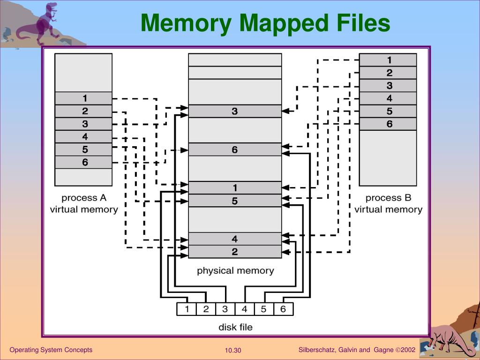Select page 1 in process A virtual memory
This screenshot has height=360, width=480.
(83, 98)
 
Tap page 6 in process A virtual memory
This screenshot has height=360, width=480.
(83, 162)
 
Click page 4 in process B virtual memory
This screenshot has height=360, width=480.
(388, 98)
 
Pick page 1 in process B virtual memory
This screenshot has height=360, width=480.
(388, 60)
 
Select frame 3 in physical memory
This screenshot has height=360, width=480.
(235, 111)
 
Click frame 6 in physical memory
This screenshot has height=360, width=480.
(235, 150)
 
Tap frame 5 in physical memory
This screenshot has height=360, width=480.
(235, 201)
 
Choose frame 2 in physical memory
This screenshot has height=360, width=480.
(235, 252)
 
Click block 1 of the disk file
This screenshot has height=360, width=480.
(187, 309)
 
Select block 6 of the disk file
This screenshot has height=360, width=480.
(283, 309)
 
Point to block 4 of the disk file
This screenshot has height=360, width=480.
(244, 309)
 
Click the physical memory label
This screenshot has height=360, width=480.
(235, 270)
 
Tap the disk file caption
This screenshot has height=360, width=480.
(235, 327)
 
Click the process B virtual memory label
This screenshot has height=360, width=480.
(388, 204)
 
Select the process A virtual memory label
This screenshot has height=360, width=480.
(84, 204)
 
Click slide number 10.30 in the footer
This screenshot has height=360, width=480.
(232, 351)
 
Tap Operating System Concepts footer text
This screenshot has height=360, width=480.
(51, 350)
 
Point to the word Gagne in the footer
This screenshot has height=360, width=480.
(383, 350)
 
